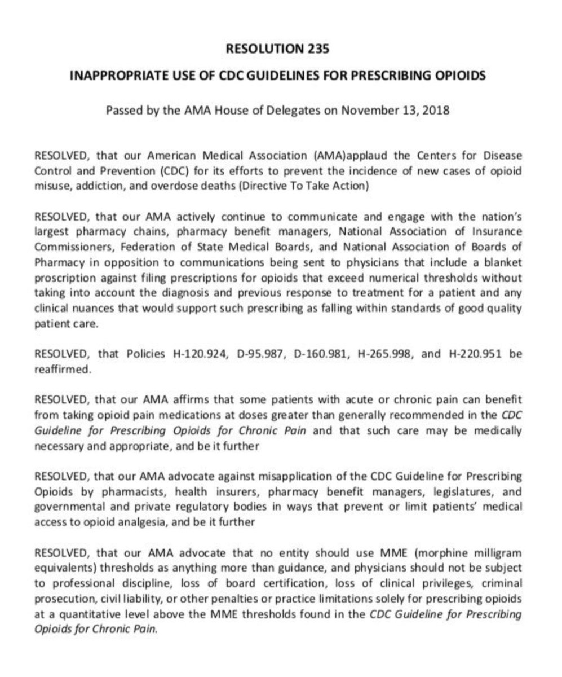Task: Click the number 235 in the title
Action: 317,49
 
